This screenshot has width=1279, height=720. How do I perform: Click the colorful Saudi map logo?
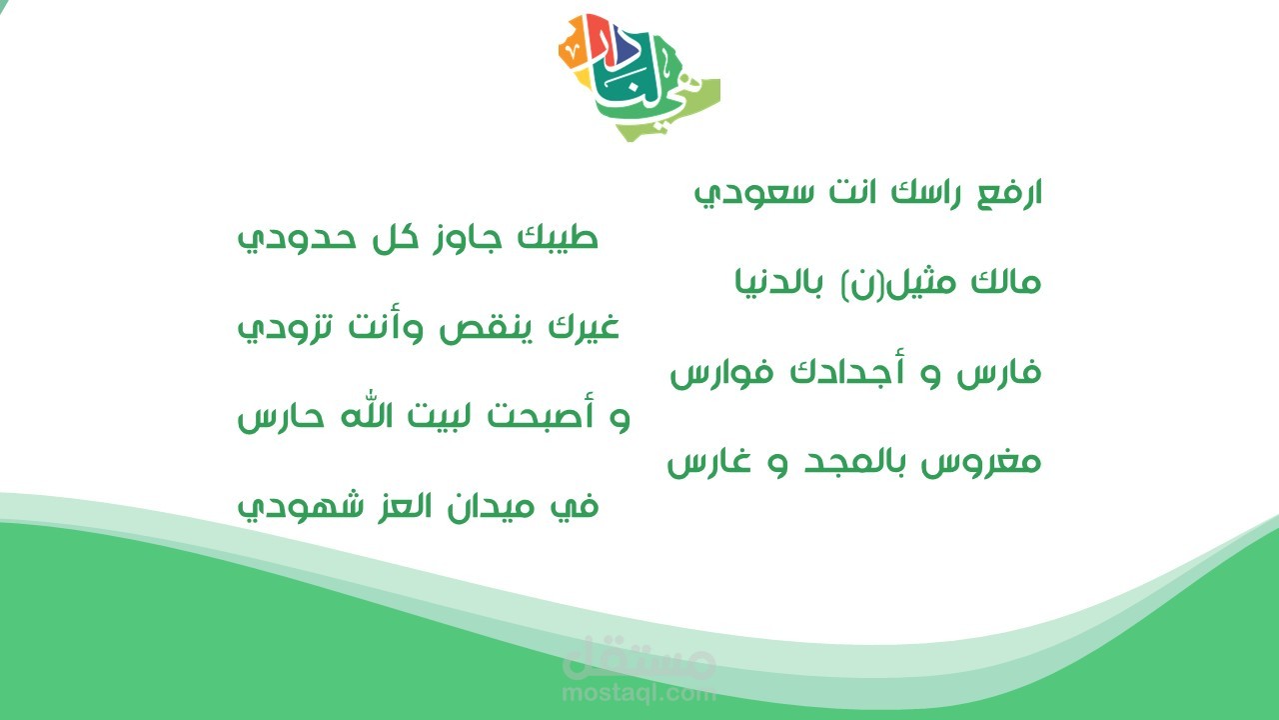pos(639,78)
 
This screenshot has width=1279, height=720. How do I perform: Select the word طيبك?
pos(558,237)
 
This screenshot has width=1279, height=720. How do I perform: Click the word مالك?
pos(1006,281)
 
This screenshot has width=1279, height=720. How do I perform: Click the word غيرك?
pos(585,328)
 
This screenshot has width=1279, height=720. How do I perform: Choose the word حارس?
pos(281,418)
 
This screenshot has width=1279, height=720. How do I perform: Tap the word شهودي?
pos(301,507)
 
